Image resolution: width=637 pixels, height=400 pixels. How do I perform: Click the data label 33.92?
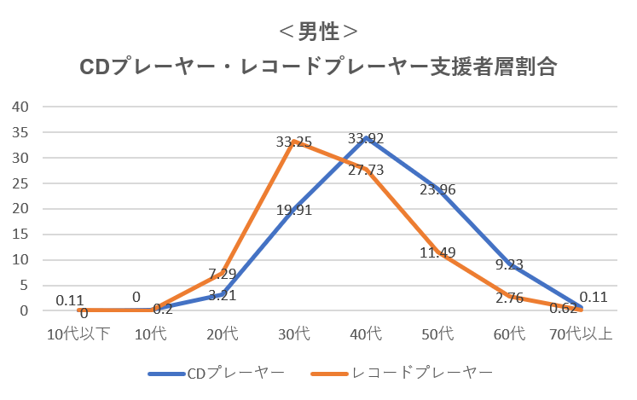(366, 138)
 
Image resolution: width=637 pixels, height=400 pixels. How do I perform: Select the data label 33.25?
(293, 142)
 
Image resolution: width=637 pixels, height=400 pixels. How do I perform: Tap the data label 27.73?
(365, 170)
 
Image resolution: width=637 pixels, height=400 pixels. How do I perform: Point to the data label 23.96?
(437, 189)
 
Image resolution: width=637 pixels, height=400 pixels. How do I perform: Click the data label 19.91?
(293, 210)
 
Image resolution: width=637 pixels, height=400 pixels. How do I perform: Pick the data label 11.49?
(437, 252)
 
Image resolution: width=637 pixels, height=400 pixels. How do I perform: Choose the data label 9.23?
(509, 264)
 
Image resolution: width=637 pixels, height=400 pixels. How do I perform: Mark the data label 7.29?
(222, 274)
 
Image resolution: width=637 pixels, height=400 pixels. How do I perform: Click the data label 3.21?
(222, 295)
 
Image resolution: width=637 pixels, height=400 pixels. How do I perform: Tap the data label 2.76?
(509, 297)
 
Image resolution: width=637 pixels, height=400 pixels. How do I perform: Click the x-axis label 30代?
(293, 333)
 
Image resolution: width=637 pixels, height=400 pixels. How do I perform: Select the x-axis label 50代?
(437, 333)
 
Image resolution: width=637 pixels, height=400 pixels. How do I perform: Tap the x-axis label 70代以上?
(581, 333)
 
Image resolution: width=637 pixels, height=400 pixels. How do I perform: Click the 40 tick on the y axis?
(21, 107)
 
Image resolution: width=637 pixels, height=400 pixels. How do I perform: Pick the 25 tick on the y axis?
(21, 183)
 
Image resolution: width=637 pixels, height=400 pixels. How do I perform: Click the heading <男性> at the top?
(318, 32)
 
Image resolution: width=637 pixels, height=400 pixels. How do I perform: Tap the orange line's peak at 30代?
(293, 142)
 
